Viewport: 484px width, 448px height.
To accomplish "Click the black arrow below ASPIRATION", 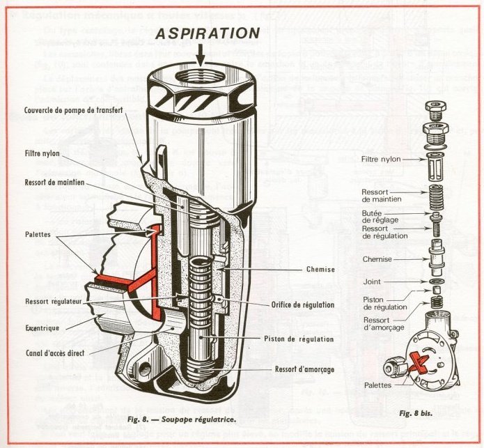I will (201, 56).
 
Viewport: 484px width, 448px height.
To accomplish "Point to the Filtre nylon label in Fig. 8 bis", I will (381, 159).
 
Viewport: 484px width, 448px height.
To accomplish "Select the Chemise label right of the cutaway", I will (321, 270).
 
